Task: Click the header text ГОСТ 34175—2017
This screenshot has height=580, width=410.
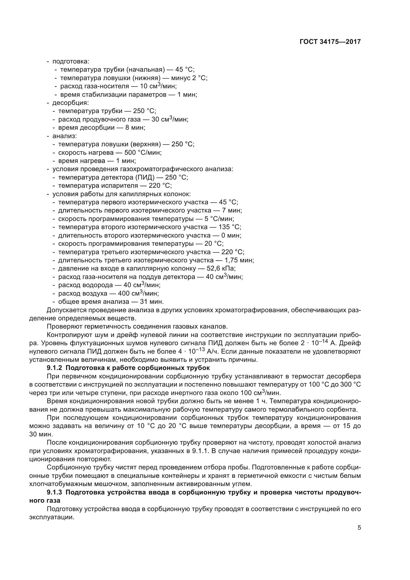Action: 330,42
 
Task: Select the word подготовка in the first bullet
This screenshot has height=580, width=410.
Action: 70,61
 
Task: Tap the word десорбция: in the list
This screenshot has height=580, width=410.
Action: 70,103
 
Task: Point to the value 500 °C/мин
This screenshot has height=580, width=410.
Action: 143,153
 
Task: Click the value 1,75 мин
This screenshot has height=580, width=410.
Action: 239,260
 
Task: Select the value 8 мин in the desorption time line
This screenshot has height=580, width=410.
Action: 135,127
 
